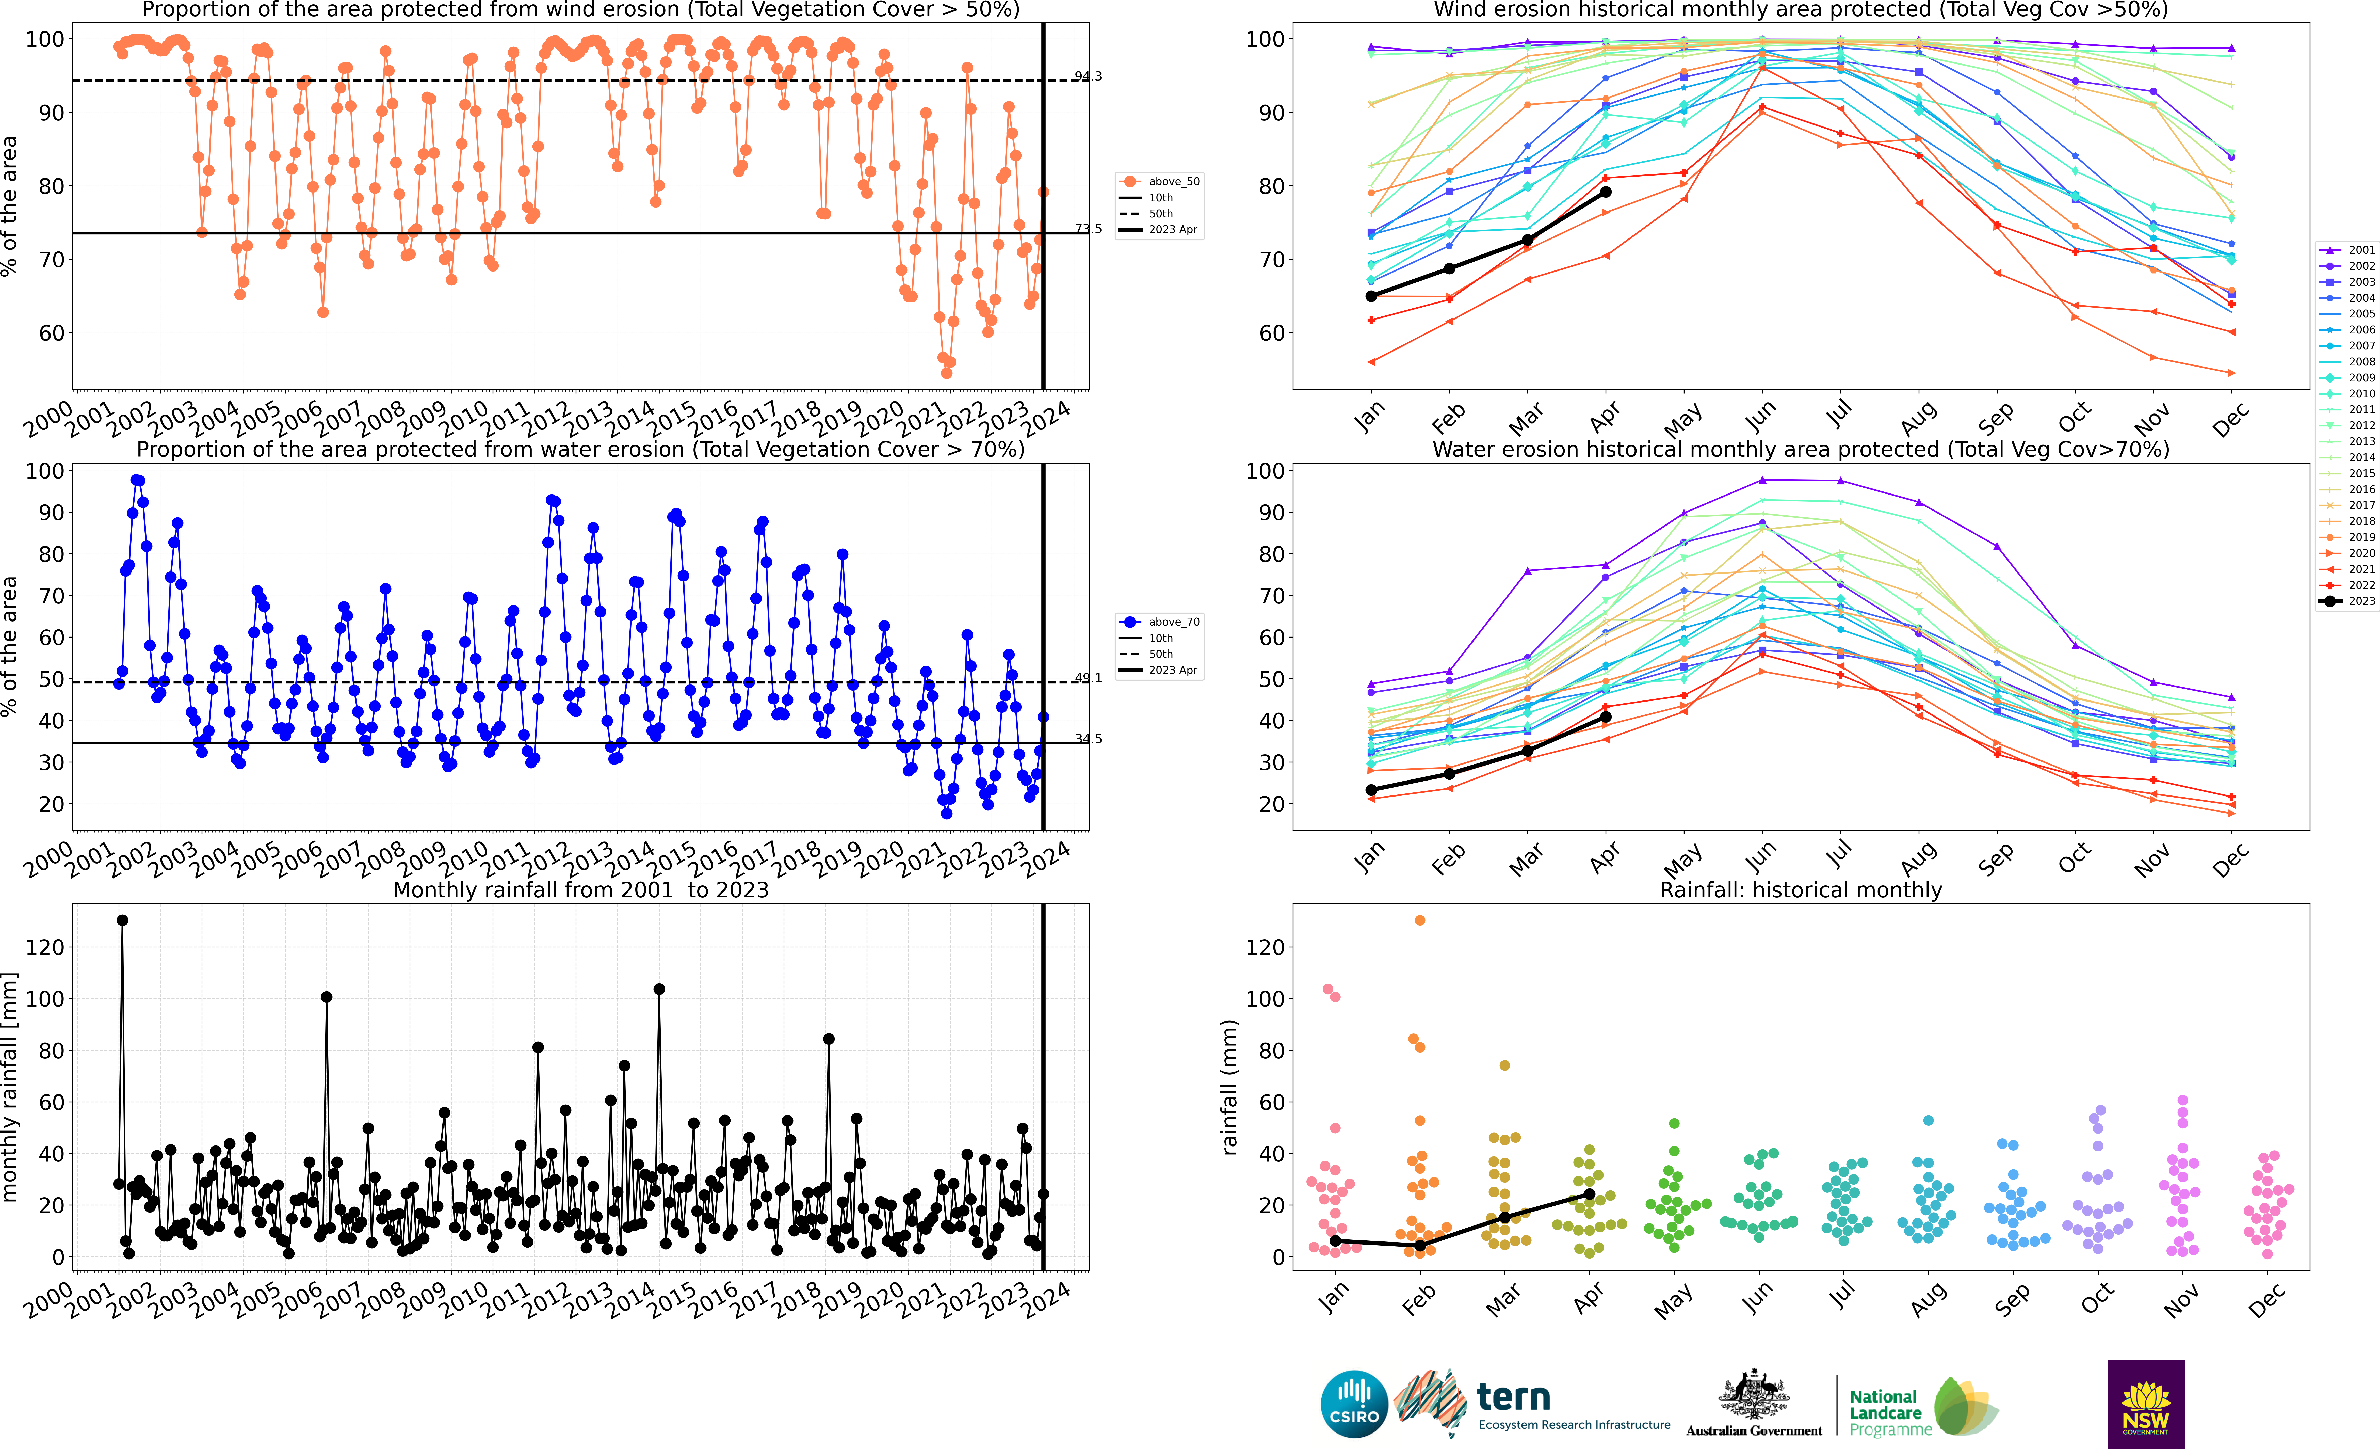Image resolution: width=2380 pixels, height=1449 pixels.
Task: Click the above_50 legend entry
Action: (1159, 182)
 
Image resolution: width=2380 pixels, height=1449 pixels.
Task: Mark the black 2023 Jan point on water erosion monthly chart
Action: (1371, 790)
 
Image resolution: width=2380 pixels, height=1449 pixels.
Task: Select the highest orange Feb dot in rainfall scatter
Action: (1420, 921)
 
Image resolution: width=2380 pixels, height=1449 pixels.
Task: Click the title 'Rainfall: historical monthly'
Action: (1801, 890)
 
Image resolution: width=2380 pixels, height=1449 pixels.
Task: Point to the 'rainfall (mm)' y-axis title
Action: (1229, 1087)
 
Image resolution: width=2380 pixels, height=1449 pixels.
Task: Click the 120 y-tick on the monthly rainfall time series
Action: (45, 948)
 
